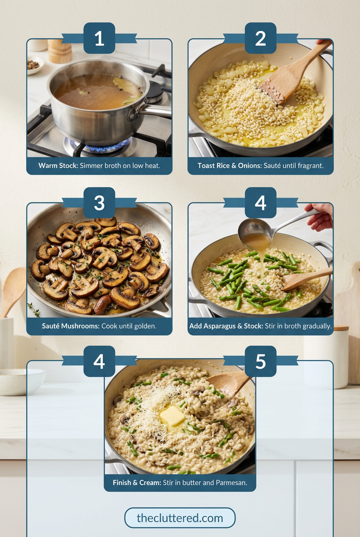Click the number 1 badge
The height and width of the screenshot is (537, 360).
(x=99, y=38)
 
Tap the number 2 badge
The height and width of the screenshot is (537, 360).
(x=260, y=38)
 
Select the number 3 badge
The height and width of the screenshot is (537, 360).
(x=99, y=203)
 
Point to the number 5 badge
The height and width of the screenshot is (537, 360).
(x=260, y=361)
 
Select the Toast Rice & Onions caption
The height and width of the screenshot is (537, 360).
(x=260, y=166)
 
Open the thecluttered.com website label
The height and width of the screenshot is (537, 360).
(x=180, y=518)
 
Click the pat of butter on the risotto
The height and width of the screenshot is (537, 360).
(x=172, y=416)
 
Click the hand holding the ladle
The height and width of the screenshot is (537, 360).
(x=321, y=217)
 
